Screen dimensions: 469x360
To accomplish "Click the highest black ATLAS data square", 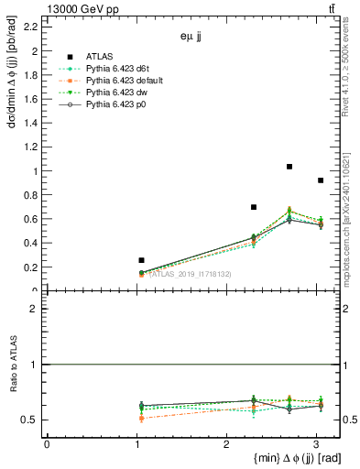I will (x=289, y=167).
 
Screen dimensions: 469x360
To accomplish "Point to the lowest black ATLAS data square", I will (x=141, y=260).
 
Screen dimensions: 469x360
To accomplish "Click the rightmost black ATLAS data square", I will (x=320, y=180).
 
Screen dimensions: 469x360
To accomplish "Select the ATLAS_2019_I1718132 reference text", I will (x=190, y=274).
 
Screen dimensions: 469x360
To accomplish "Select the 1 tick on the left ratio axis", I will (x=36, y=365).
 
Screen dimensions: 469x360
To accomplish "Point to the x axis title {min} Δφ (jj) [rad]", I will (x=280, y=459).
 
